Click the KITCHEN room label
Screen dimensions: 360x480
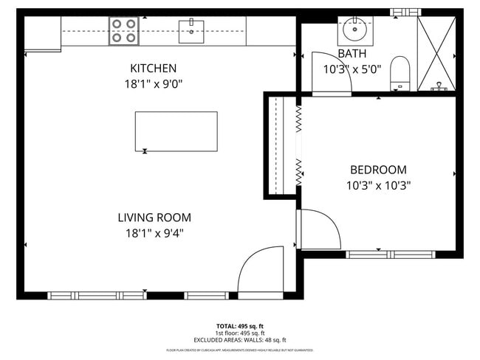(x=153, y=68)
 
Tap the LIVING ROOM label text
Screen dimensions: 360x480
(x=154, y=218)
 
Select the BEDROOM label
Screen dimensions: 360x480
(x=378, y=169)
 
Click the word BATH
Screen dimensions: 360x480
(x=352, y=54)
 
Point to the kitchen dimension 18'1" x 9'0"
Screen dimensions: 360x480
(x=153, y=84)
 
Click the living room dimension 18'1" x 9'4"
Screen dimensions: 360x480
(x=154, y=234)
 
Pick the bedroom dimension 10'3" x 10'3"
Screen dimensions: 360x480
(x=378, y=185)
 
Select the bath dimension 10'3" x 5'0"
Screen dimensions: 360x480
(x=352, y=70)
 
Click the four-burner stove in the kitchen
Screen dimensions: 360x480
(x=123, y=30)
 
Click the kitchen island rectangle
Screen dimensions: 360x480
(x=176, y=131)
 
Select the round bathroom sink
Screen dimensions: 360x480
(x=355, y=31)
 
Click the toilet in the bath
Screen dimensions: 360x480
(x=400, y=71)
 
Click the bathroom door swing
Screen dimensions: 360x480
(x=331, y=74)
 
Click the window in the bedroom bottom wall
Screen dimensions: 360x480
(x=380, y=255)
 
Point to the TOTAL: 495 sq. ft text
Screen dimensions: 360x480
(x=240, y=325)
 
